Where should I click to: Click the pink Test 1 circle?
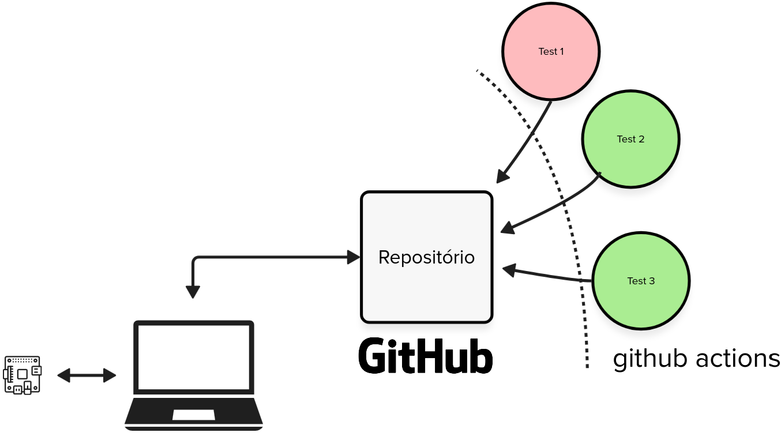tap(551, 51)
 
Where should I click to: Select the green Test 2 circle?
tap(630, 139)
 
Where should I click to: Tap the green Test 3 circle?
tap(641, 281)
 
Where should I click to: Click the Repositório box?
tap(426, 257)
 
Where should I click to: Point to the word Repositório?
tap(426, 257)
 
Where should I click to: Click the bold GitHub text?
tap(425, 356)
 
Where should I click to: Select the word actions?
tap(738, 359)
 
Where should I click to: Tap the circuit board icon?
tap(22, 375)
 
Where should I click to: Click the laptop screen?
tap(194, 358)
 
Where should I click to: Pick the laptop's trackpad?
tap(193, 415)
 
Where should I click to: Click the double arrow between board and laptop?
tap(87, 375)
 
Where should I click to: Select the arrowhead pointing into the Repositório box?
tap(354, 257)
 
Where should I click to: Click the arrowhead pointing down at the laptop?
tap(193, 292)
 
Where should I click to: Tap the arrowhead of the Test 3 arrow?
tap(509, 270)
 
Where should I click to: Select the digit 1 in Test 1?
tap(561, 51)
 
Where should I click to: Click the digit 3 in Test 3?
tap(652, 281)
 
